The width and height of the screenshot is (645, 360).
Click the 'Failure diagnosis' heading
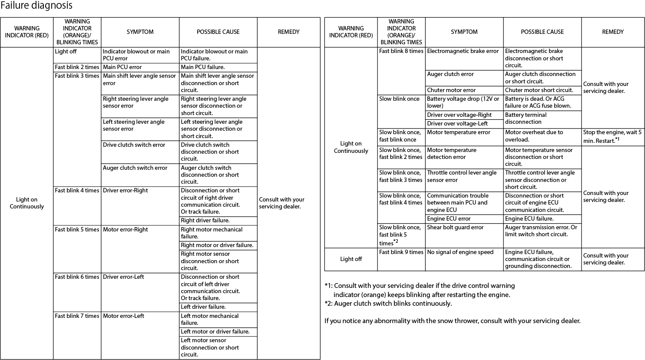36,6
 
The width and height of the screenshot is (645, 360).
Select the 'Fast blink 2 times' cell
77,67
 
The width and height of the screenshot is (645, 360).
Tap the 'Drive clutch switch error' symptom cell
134,145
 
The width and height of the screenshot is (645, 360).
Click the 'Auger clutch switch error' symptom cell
135,168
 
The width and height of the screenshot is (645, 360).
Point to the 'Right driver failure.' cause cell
205,220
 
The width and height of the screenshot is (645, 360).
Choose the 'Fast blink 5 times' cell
77,229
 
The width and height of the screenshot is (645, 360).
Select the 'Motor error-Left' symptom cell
123,316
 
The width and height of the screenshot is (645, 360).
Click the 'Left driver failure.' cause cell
203,307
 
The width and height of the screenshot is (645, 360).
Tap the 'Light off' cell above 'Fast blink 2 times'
66,51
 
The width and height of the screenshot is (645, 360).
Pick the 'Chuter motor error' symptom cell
451,90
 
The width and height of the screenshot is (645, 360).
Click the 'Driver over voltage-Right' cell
459,115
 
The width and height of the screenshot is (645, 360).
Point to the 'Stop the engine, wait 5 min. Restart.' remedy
612,136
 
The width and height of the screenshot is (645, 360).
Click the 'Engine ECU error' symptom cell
449,218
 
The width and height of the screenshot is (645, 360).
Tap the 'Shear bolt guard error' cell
455,227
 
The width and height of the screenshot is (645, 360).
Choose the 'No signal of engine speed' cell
460,252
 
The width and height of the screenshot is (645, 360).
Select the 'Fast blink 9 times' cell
401,252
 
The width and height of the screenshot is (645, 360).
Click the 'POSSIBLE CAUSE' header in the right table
542,32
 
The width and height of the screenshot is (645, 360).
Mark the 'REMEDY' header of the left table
288,32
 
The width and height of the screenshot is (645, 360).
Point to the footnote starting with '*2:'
388,303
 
